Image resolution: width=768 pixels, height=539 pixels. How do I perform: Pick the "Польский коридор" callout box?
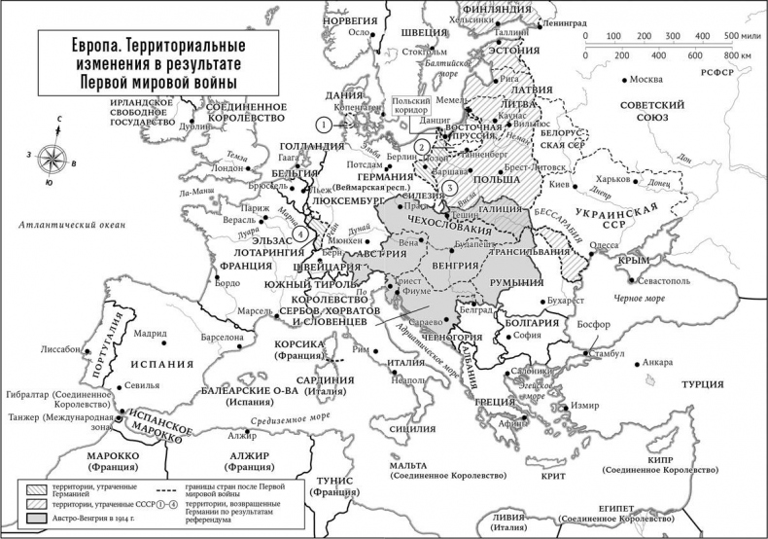[409, 106]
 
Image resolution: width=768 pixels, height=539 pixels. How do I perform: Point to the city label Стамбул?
[611, 353]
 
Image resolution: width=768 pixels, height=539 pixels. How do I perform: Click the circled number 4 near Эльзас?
[302, 234]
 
